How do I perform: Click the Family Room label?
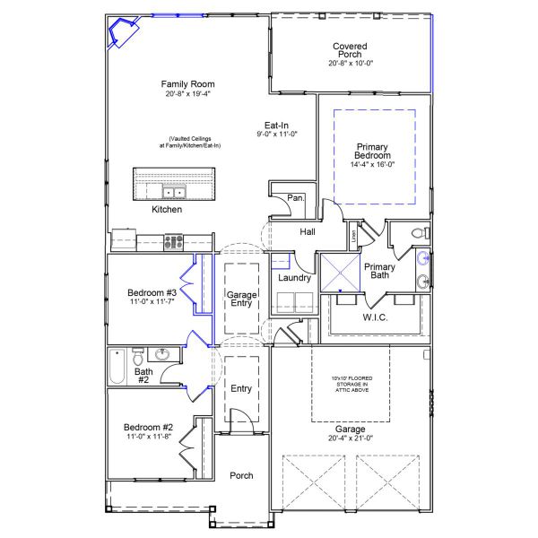[188, 84]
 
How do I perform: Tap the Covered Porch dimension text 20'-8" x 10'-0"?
[349, 63]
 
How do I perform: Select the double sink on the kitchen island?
[173, 192]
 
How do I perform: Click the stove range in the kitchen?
[173, 240]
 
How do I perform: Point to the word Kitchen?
[167, 210]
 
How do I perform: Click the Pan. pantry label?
[295, 198]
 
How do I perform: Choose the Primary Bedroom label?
[374, 151]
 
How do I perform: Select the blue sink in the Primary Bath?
[423, 260]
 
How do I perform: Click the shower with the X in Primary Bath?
[341, 273]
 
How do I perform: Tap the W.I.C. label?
[375, 317]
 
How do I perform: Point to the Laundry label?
[294, 278]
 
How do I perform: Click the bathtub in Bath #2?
[116, 365]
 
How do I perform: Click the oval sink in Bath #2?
[162, 354]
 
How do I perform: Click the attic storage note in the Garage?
[351, 384]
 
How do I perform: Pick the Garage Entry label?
[241, 299]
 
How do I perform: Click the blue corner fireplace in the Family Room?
[118, 34]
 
